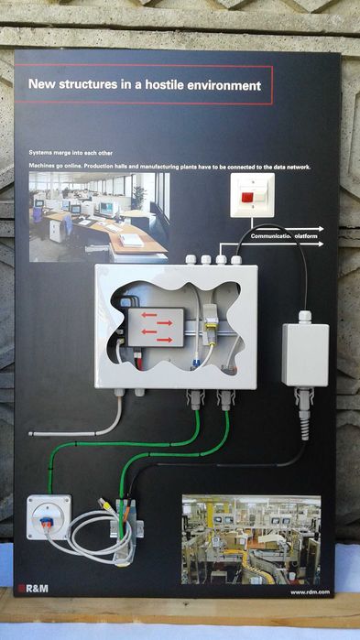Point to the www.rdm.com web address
tap(309, 592)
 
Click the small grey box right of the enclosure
tap(304, 353)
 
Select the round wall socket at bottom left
tap(48, 518)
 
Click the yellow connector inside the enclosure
tap(211, 315)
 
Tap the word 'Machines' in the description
tap(44, 167)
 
